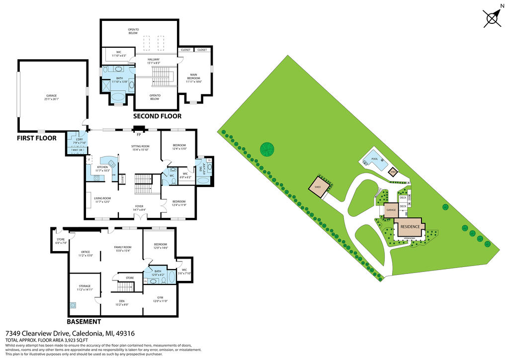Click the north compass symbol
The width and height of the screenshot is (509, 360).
click(492, 18)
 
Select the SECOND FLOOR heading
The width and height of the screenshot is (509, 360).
click(157, 116)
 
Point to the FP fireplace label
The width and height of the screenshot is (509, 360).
click(139, 134)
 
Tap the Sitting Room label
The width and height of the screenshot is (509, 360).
click(140, 148)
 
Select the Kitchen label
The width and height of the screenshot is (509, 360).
click(102, 169)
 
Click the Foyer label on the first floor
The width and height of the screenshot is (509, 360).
click(140, 208)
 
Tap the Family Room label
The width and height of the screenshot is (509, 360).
click(122, 249)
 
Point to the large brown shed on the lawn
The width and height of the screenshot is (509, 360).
click(318, 188)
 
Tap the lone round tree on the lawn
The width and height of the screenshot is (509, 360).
click(267, 149)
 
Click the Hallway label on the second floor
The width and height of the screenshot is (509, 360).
click(153, 61)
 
